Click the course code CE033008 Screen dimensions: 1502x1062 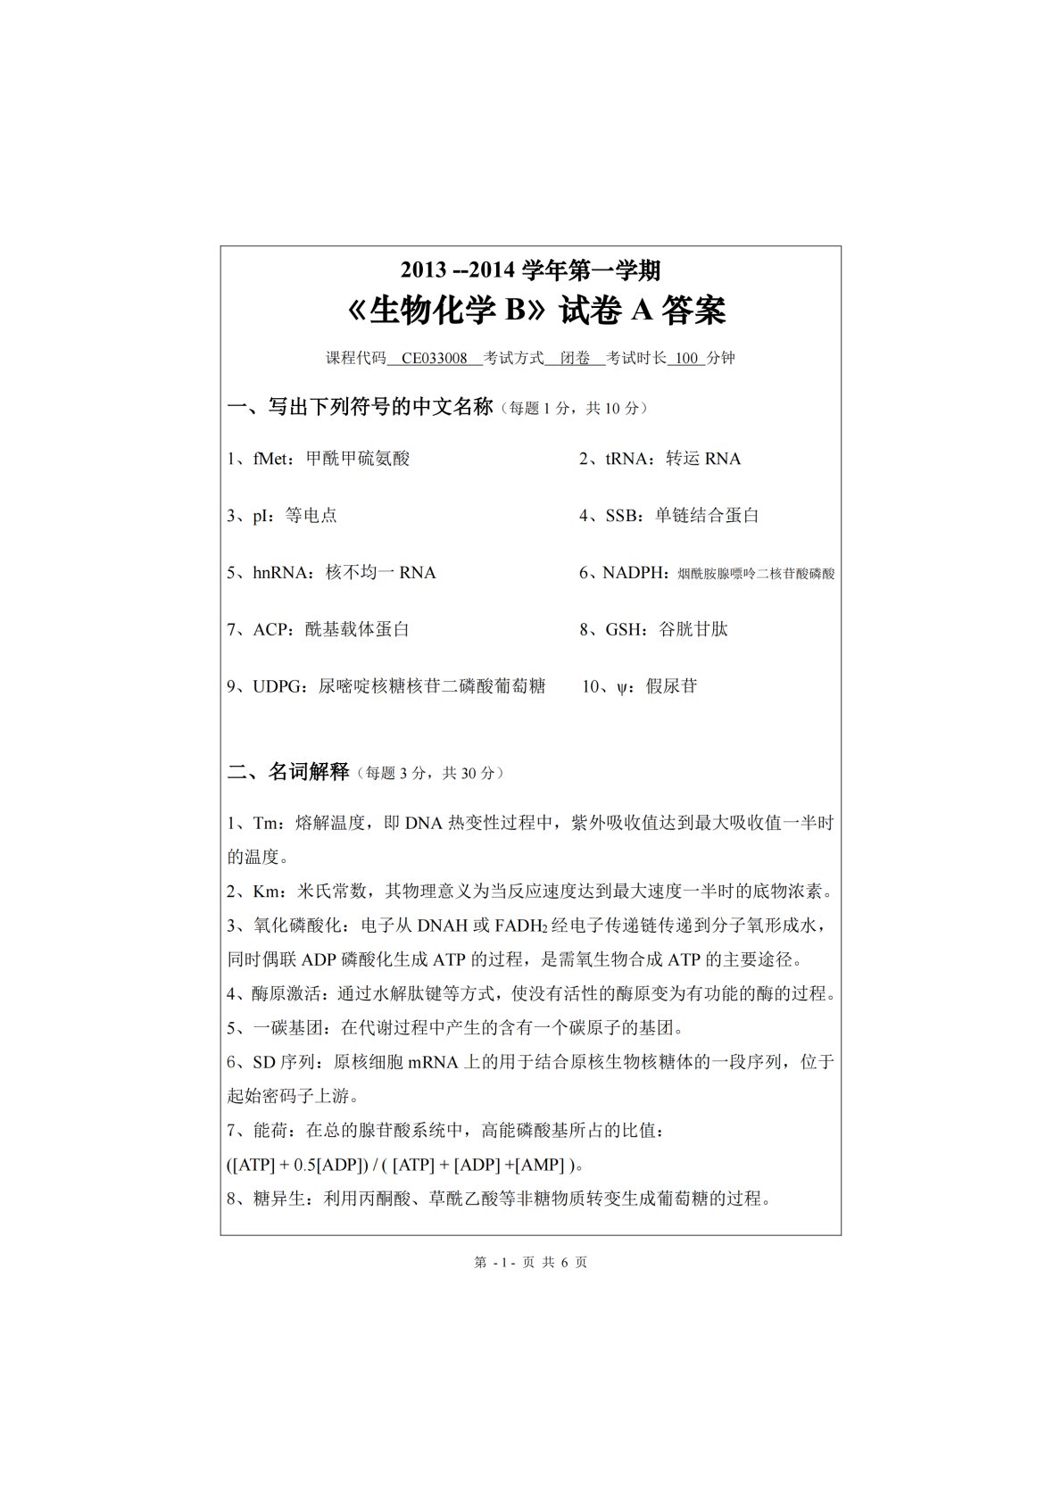click(x=435, y=359)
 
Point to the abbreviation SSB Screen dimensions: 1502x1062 click(x=621, y=516)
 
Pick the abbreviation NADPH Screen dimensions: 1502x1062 click(x=634, y=573)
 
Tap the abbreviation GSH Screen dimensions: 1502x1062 click(x=624, y=630)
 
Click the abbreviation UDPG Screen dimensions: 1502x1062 click(x=279, y=687)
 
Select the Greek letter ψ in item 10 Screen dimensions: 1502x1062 click(x=621, y=687)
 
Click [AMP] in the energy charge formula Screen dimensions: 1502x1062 click(x=540, y=1165)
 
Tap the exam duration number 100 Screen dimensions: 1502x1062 click(x=686, y=359)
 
